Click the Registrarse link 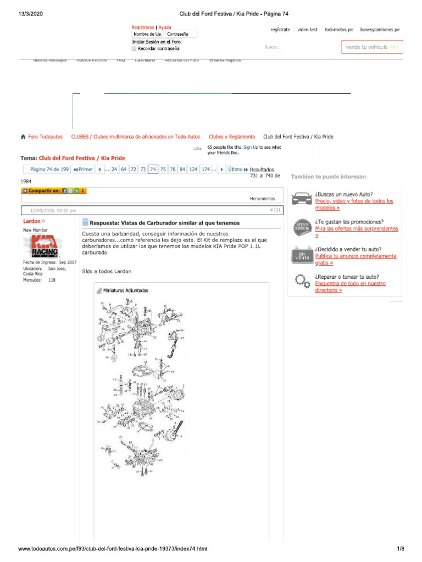[x=143, y=27]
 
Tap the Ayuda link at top [x=165, y=27]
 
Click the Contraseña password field [x=181, y=34]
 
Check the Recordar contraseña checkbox [x=135, y=48]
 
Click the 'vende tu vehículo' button [x=372, y=47]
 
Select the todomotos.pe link [x=338, y=30]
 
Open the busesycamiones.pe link [x=380, y=30]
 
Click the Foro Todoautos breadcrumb [x=45, y=137]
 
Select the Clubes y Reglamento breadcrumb [x=231, y=137]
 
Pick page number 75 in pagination [x=163, y=170]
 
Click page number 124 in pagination [x=193, y=170]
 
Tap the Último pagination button [x=238, y=170]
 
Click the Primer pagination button [x=83, y=170]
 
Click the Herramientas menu [x=262, y=198]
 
